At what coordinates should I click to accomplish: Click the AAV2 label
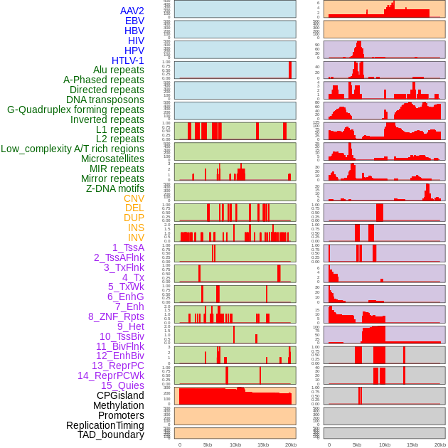(x=132, y=11)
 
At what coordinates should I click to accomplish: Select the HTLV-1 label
(x=127, y=60)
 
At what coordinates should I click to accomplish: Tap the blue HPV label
(x=134, y=50)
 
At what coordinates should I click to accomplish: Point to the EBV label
(x=134, y=21)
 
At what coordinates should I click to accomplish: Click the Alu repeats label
(x=118, y=70)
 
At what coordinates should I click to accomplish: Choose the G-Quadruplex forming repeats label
(x=75, y=110)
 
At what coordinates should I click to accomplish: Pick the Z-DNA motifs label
(x=114, y=188)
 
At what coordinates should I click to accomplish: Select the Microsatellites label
(x=112, y=159)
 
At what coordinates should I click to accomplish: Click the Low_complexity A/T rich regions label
(x=73, y=149)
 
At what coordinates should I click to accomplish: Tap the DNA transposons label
(x=105, y=100)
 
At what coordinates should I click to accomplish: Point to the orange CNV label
(x=134, y=198)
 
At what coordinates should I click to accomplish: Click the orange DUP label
(x=134, y=218)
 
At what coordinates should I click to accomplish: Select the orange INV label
(x=136, y=238)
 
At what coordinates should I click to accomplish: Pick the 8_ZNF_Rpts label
(x=116, y=316)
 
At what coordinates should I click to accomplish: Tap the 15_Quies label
(x=122, y=385)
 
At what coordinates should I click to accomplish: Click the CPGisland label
(x=120, y=395)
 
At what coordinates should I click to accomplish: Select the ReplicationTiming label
(x=105, y=425)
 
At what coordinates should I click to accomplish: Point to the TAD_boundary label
(x=110, y=434)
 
